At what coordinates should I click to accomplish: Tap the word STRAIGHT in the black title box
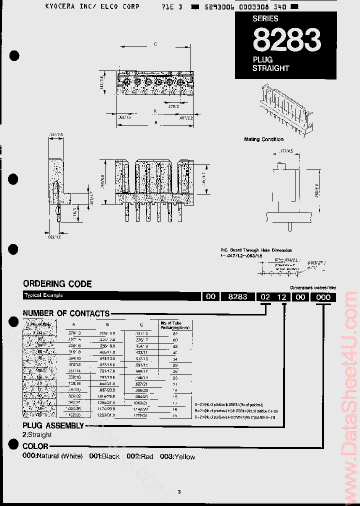[x=270, y=68]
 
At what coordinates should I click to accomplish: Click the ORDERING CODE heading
[x=57, y=284]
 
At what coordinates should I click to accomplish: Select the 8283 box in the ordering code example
[x=237, y=296]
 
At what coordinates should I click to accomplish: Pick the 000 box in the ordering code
[x=323, y=296]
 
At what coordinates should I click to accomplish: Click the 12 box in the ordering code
[x=282, y=296]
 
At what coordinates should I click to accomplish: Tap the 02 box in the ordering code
[x=264, y=296]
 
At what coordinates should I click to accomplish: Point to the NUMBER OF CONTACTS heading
[x=66, y=313]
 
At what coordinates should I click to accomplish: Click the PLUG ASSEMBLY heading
[x=53, y=425]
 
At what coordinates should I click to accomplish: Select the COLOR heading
[x=35, y=446]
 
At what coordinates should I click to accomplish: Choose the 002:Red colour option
[x=140, y=456]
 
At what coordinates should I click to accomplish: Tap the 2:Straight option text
[x=37, y=435]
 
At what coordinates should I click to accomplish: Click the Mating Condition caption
[x=263, y=139]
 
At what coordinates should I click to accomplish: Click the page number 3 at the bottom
[x=179, y=492]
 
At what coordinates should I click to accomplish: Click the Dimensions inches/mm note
[x=313, y=288]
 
